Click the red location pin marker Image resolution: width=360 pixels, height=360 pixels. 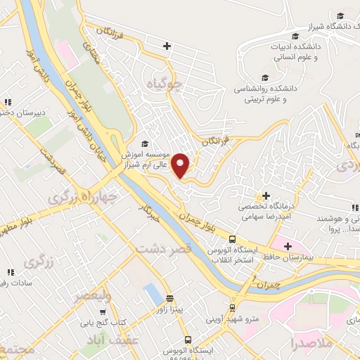pyautogui.click(x=181, y=165)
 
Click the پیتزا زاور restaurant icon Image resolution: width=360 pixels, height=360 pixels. pyautogui.click(x=169, y=298)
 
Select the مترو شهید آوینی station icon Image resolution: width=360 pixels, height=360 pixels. pyautogui.click(x=232, y=307)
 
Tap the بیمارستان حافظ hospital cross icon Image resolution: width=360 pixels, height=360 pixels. pyautogui.click(x=288, y=245)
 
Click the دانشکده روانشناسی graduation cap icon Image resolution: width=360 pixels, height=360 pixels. pyautogui.click(x=265, y=77)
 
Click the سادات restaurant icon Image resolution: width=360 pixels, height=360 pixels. pyautogui.click(x=10, y=271)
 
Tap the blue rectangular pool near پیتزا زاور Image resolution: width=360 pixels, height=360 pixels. pyautogui.click(x=151, y=295)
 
